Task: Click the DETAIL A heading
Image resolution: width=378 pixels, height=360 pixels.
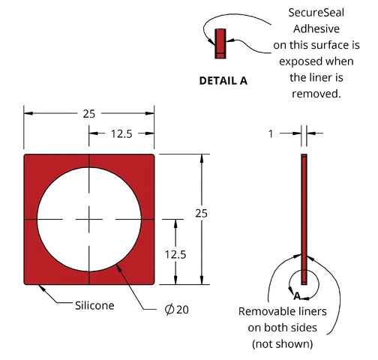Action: (223, 81)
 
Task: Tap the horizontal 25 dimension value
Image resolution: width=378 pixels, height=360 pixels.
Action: (89, 114)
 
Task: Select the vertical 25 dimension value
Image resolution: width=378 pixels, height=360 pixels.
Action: (202, 214)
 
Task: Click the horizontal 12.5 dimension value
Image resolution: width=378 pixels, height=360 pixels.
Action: (121, 134)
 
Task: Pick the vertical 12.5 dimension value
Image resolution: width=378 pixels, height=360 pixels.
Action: (175, 255)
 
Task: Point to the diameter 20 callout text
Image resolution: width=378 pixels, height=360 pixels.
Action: (177, 310)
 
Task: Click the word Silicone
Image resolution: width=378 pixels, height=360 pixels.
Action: (94, 305)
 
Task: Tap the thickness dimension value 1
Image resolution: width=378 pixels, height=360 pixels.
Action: (271, 134)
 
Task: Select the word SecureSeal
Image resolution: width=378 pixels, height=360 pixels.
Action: (316, 13)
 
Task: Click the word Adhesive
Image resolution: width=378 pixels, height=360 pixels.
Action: (316, 29)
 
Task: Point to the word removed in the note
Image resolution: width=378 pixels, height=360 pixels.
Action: (316, 94)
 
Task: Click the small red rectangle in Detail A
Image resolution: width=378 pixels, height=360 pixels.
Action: (220, 43)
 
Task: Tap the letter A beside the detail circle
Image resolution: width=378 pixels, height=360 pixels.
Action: (297, 296)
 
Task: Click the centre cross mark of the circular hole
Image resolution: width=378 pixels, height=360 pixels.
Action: (89, 220)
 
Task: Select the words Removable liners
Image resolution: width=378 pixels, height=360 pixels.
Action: (283, 312)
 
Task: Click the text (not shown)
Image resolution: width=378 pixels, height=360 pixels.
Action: (283, 344)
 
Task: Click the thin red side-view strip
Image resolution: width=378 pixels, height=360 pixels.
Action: (304, 219)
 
